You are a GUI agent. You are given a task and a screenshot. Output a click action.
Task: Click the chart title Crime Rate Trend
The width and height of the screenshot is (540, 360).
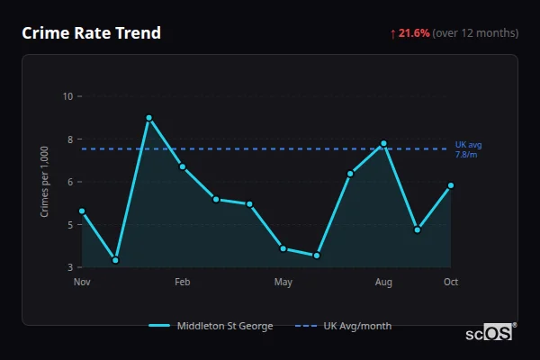coord(91,33)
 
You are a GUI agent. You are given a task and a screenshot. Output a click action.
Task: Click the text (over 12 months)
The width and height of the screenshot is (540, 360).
coord(475,33)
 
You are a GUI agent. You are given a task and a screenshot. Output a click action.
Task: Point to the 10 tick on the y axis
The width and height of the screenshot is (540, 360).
coord(68,96)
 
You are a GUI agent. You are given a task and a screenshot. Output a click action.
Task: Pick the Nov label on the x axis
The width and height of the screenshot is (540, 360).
coord(82,283)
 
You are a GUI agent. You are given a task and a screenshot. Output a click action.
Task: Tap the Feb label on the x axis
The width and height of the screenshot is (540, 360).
coord(182,283)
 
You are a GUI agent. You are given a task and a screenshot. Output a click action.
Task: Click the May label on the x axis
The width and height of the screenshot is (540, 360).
coord(283,283)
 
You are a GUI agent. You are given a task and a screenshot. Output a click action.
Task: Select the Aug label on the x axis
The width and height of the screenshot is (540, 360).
coord(383,283)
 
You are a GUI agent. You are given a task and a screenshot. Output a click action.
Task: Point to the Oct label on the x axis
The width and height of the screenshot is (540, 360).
coord(451,283)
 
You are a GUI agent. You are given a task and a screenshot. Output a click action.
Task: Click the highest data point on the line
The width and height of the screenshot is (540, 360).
coord(148,118)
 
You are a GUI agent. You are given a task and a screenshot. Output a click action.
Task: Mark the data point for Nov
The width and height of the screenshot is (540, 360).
coord(82,211)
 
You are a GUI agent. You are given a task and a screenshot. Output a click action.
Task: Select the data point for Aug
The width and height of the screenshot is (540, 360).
coord(383,143)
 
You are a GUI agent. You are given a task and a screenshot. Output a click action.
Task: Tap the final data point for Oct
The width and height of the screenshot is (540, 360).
coord(451,185)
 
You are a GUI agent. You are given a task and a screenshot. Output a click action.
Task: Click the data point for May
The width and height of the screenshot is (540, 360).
coord(283,248)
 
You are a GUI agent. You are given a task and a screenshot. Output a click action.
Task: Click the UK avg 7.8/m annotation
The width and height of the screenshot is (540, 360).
coord(469,149)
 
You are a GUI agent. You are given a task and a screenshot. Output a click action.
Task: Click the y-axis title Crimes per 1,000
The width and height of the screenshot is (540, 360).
coord(45,181)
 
